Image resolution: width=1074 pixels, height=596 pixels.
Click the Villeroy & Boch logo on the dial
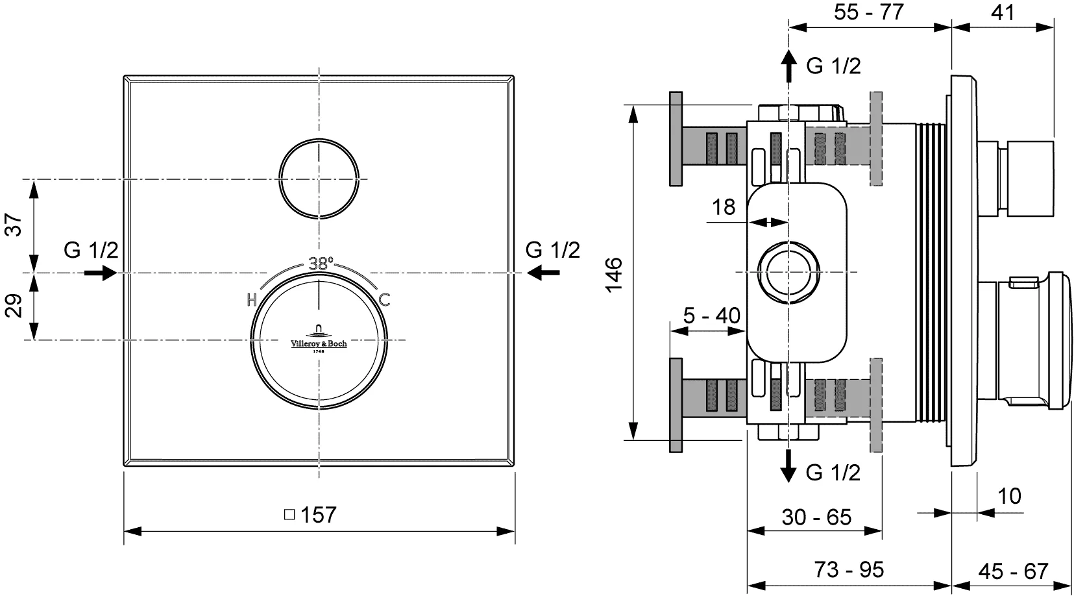(319, 340)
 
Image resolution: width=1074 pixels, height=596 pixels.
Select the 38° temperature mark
(321, 263)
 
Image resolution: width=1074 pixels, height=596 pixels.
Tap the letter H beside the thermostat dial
(252, 300)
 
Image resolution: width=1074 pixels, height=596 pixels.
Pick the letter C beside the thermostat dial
(384, 300)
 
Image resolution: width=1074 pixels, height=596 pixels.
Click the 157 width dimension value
(319, 515)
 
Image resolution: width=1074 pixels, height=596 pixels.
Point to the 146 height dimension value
(614, 275)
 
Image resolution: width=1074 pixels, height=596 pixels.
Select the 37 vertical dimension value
(14, 225)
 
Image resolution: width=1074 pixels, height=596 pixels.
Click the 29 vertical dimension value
(14, 305)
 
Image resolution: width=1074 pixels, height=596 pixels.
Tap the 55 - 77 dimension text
(869, 12)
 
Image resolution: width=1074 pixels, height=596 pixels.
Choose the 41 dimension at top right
(1003, 12)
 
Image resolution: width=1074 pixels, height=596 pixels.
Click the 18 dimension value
(724, 207)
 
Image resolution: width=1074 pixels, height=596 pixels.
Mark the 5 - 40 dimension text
(711, 316)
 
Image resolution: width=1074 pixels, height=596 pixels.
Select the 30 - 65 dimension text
(816, 517)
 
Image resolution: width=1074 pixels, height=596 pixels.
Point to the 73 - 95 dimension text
(849, 569)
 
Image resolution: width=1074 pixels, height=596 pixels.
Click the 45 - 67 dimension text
(1013, 571)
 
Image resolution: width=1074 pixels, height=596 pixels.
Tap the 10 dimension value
(1009, 496)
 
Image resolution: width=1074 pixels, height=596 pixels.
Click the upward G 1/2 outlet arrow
(788, 66)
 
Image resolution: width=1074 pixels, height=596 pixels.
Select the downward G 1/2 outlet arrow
(788, 465)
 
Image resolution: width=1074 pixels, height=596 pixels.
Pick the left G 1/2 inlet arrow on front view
(101, 273)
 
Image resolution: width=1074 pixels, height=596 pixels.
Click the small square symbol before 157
(289, 514)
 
